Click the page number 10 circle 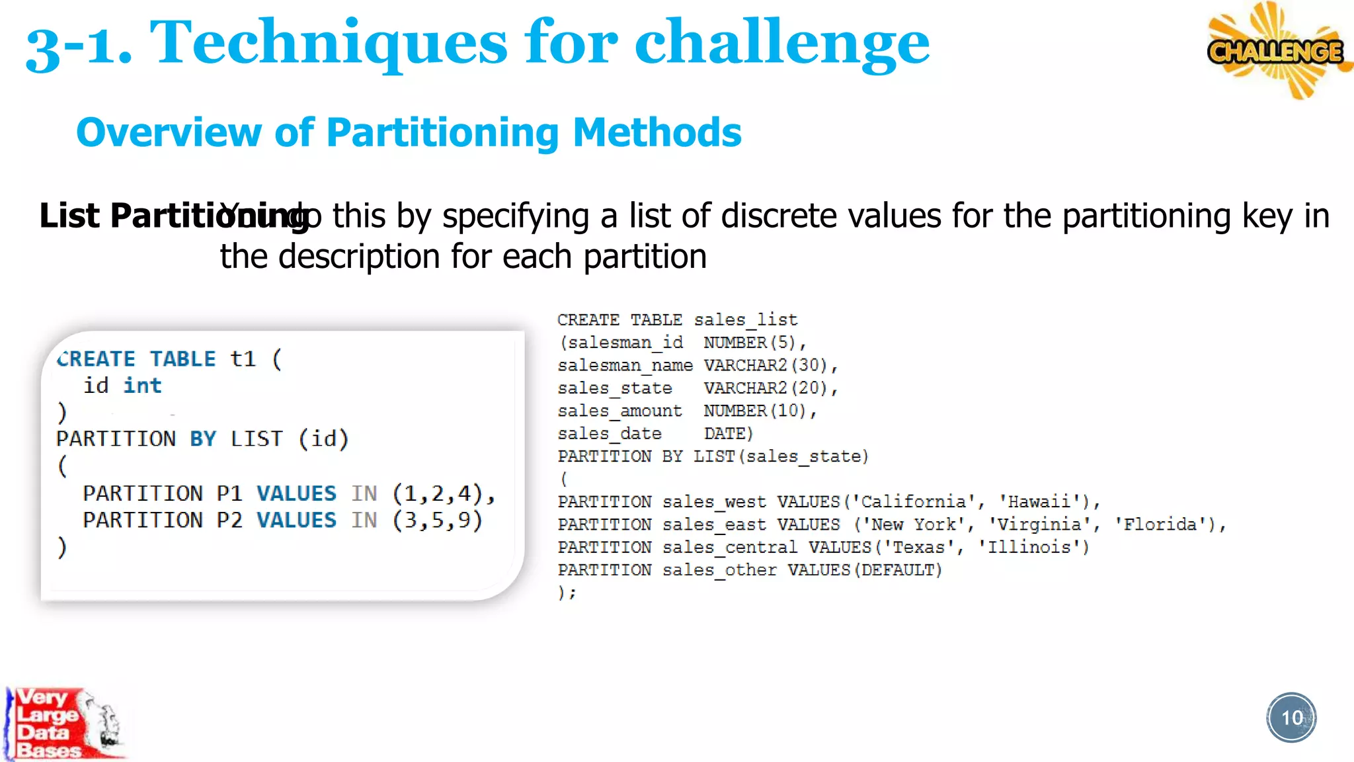click(1291, 718)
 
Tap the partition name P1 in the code click(229, 493)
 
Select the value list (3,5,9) click(438, 521)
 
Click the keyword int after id click(142, 386)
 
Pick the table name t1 click(243, 359)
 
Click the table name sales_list click(746, 320)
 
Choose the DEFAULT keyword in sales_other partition click(898, 570)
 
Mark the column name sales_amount click(619, 411)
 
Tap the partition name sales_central click(730, 548)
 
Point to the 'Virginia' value click(1039, 525)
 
